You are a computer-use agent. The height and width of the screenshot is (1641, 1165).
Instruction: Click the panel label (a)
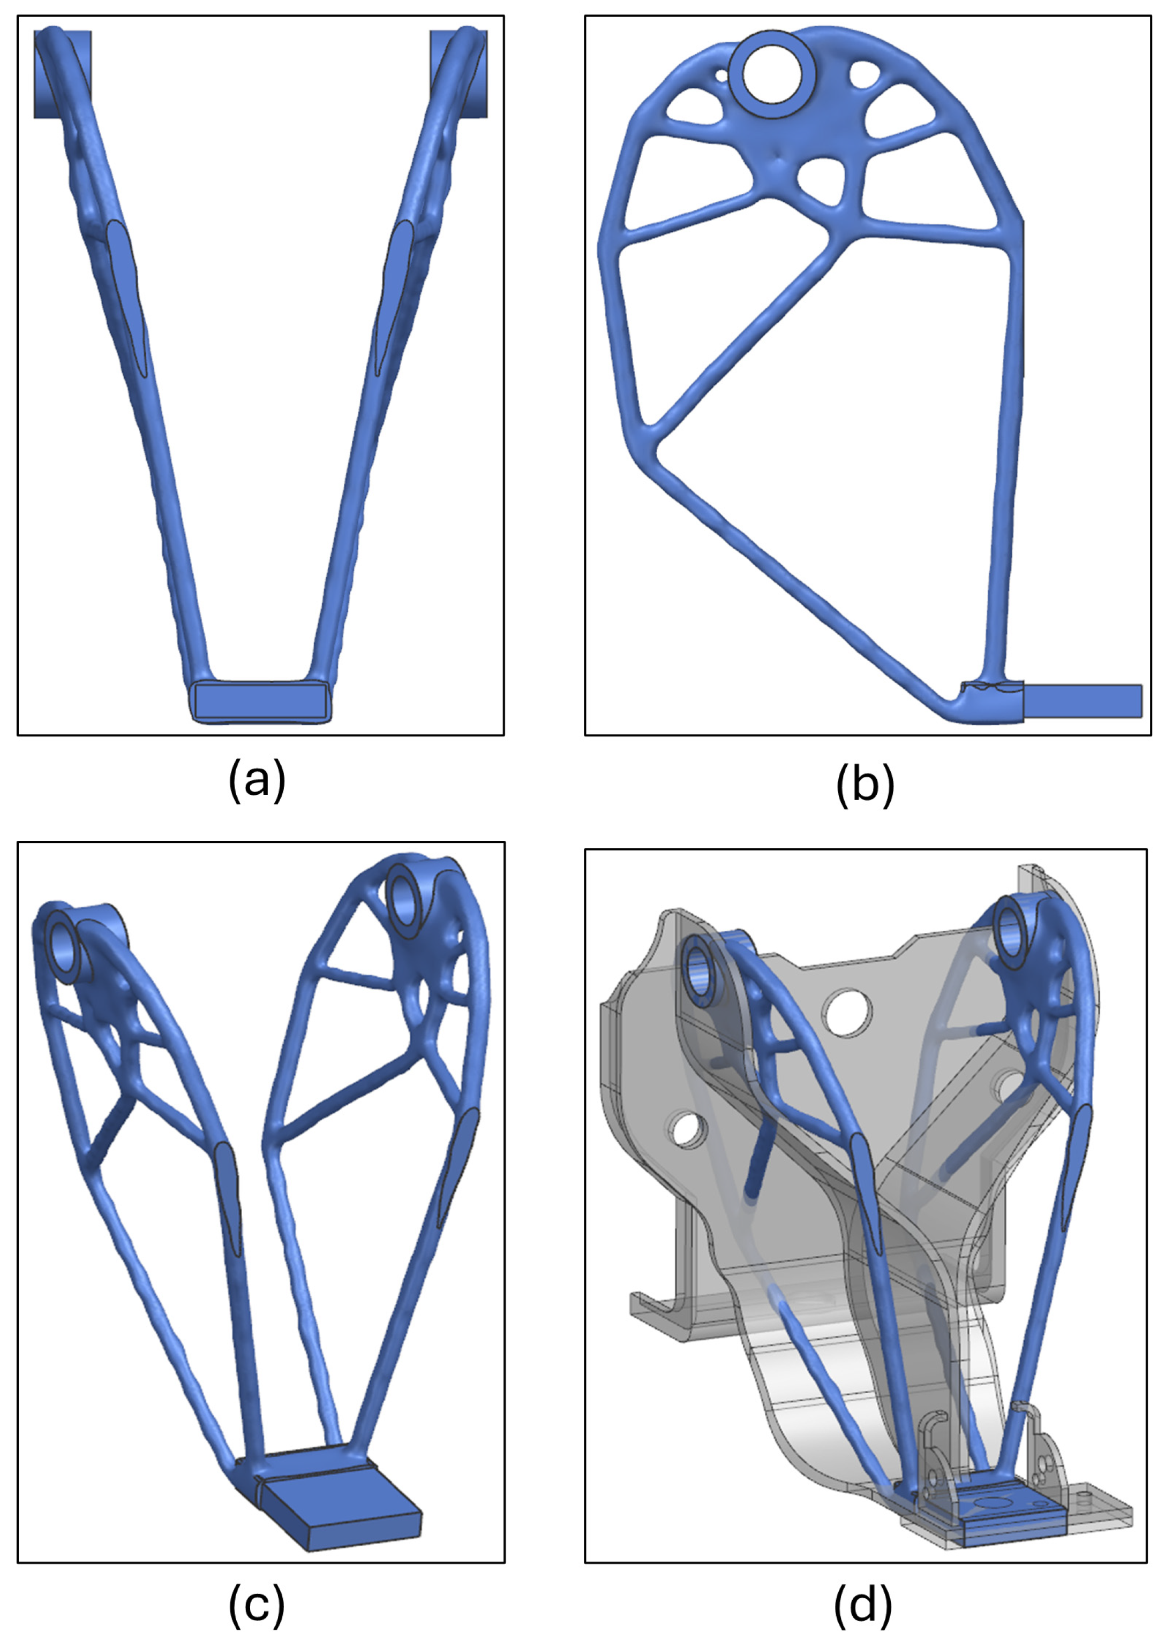(x=257, y=781)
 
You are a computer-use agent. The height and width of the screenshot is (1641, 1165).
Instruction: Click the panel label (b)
(x=865, y=785)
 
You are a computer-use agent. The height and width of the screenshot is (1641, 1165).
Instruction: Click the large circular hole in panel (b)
(x=771, y=74)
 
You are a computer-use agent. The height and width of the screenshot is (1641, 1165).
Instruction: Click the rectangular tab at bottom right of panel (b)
(x=1082, y=701)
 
